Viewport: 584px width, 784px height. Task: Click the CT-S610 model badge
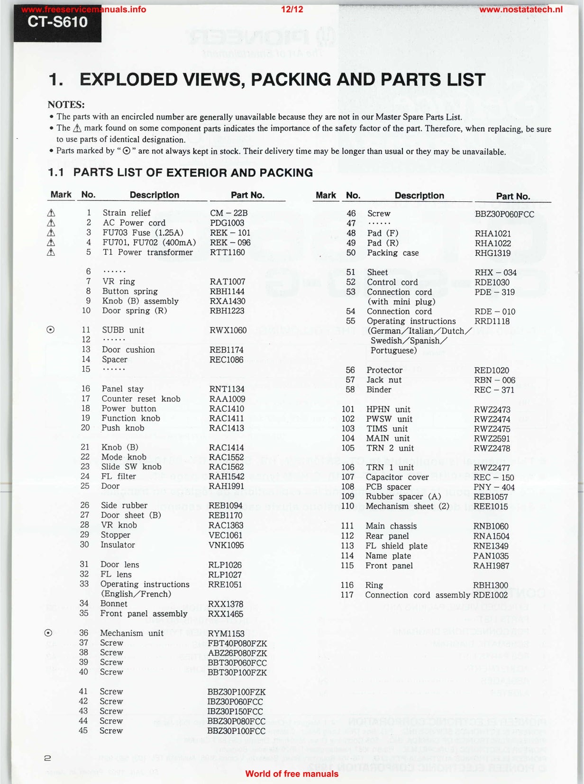(x=57, y=22)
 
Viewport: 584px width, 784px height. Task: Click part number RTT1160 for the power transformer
(x=228, y=252)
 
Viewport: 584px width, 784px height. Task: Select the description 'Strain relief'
(x=127, y=213)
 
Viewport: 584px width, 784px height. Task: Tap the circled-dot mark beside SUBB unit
(x=50, y=330)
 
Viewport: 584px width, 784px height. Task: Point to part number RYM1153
(x=226, y=633)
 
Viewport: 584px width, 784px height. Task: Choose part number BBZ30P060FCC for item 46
(x=504, y=214)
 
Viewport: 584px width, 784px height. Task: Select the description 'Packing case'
(x=393, y=253)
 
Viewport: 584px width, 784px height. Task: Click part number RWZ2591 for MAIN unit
(x=492, y=439)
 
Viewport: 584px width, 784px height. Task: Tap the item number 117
(x=347, y=595)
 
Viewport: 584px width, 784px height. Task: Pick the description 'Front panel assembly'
(x=144, y=614)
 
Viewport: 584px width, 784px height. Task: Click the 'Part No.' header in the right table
(x=513, y=196)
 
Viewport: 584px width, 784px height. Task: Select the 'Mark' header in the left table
(x=61, y=195)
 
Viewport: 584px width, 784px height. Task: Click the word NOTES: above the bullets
(x=66, y=105)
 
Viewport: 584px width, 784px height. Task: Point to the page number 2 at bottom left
(x=47, y=758)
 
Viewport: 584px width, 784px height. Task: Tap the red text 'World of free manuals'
(x=292, y=774)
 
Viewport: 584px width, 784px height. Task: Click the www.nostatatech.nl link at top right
(x=521, y=9)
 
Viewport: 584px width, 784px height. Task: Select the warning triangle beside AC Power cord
(x=51, y=223)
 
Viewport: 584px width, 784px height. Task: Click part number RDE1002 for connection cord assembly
(x=490, y=595)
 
